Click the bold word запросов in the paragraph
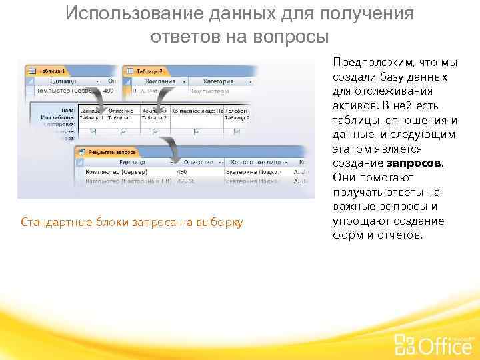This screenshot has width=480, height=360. coord(414,163)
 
